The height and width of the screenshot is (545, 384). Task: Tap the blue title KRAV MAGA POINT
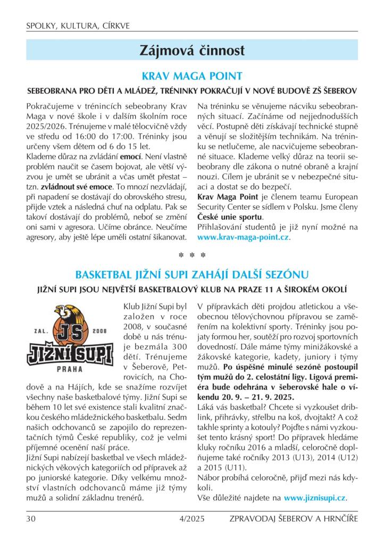[x=192, y=76]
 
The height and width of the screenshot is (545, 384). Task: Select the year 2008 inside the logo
[x=100, y=330]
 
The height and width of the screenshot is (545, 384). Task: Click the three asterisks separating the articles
[x=192, y=256]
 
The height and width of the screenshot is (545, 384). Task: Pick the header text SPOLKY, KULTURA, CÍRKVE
[x=78, y=26]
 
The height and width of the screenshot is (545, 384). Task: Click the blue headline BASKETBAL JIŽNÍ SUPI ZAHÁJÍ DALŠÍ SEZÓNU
[x=192, y=275]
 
